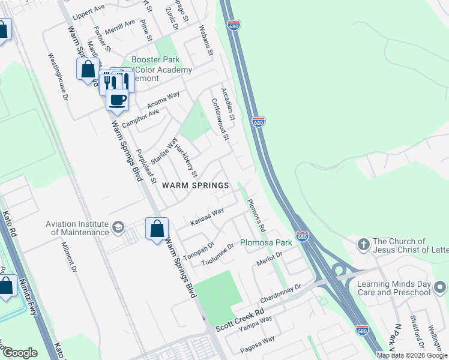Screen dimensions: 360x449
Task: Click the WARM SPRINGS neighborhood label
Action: coord(196,185)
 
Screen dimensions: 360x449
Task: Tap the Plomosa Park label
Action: coord(266,243)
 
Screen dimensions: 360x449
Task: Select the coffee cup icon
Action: coord(117,100)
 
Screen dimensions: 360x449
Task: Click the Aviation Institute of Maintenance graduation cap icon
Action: coord(118,228)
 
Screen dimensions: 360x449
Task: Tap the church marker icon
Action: coord(363,245)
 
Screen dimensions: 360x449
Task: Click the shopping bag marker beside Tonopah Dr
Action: coord(157,229)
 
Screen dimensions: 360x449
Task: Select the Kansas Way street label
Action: coord(207,217)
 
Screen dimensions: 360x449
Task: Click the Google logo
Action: coord(20,353)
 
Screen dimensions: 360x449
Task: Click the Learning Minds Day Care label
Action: coord(394,288)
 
